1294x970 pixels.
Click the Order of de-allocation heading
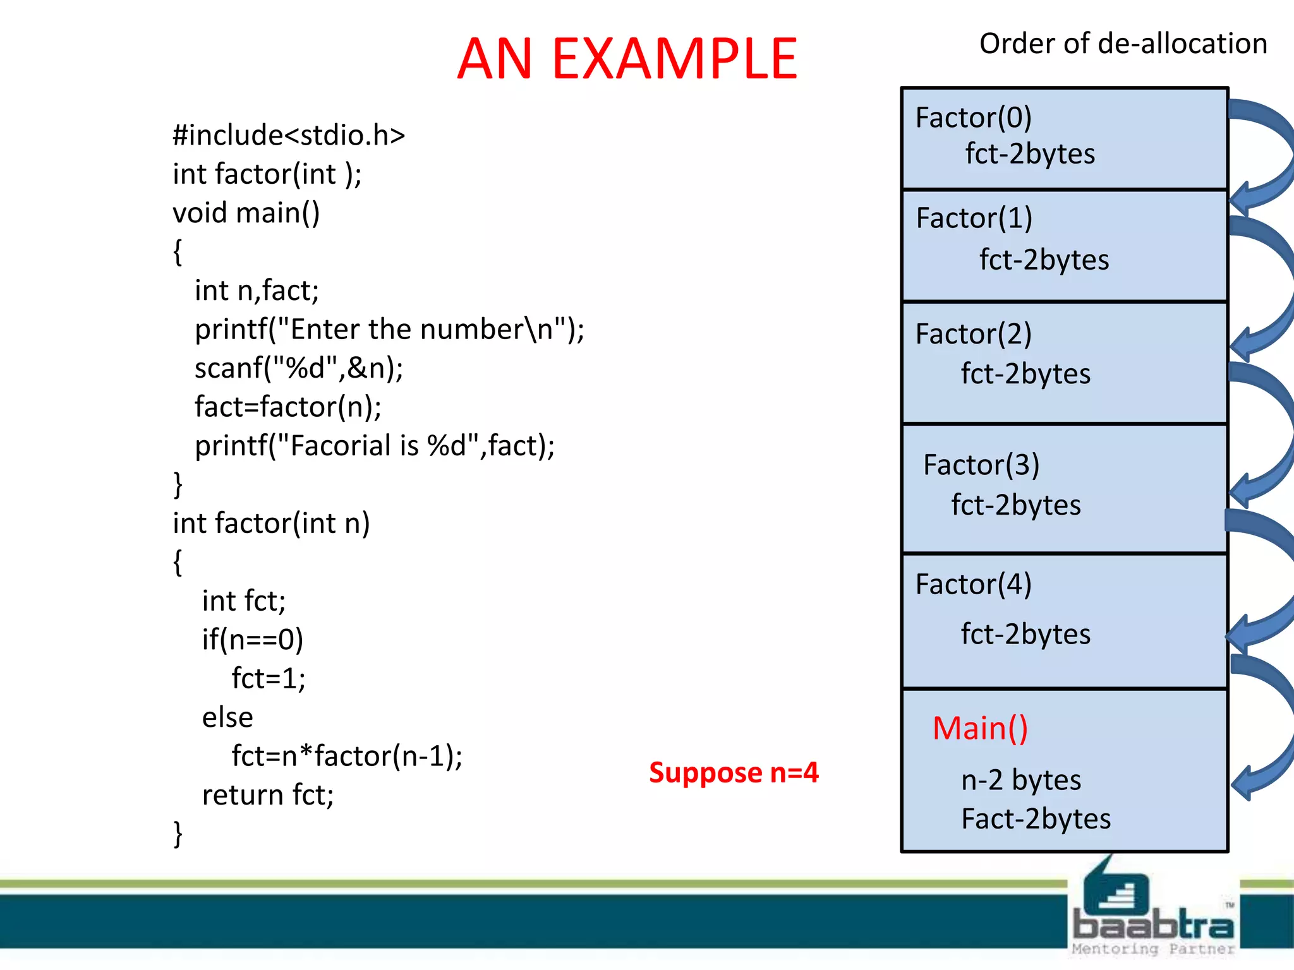coord(1123,44)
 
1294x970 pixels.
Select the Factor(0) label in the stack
coord(973,117)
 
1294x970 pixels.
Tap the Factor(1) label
coord(974,219)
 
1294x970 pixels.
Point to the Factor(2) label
coord(973,333)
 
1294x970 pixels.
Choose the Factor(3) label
coord(981,465)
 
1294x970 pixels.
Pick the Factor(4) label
coord(973,584)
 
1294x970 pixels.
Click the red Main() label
coord(980,728)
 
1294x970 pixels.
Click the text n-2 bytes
coord(1020,780)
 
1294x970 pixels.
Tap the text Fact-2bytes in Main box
coord(1035,819)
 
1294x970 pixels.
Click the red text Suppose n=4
coord(733,772)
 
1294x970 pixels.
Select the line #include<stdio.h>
coord(289,135)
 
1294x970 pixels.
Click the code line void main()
coord(246,213)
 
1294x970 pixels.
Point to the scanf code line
coord(298,368)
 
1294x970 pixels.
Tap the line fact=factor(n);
coord(287,407)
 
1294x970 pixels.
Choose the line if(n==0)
coord(252,640)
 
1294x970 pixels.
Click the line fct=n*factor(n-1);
coord(346,756)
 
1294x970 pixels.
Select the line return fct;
coord(267,795)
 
